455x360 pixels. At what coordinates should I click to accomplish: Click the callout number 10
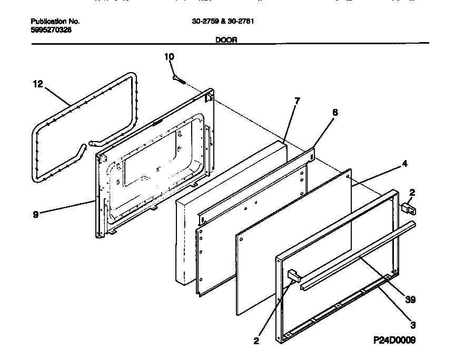pos(169,56)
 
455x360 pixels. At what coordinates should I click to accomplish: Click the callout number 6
pos(335,112)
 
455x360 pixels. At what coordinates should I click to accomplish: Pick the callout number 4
pos(404,164)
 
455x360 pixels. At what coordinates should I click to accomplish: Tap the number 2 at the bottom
pos(256,341)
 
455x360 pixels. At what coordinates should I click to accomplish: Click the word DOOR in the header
pos(226,39)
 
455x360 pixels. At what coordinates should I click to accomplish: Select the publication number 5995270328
pos(51,29)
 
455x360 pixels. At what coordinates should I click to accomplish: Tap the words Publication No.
pos(55,22)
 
